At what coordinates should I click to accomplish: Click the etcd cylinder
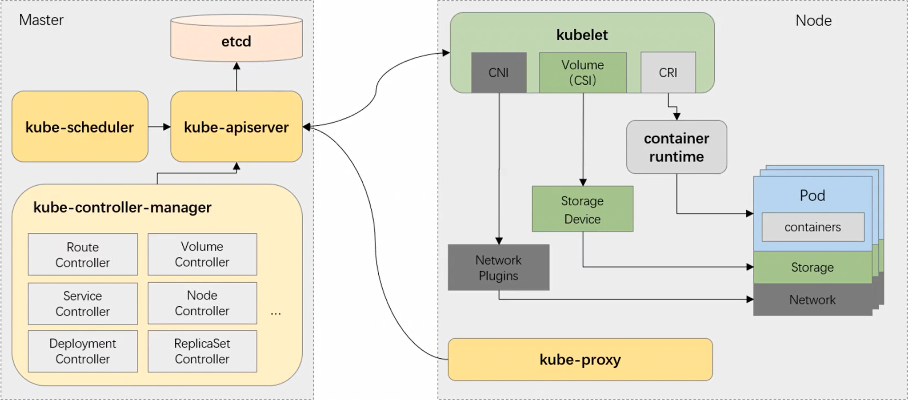pos(236,41)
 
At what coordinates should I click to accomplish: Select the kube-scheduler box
pos(80,127)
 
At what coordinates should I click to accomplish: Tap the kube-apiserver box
pos(236,127)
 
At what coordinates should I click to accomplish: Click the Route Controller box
pos(83,255)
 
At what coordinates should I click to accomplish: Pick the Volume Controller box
pos(202,254)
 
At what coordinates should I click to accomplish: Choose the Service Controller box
pos(83,303)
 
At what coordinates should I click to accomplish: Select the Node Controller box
pos(202,303)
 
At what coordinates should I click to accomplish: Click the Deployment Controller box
pos(83,351)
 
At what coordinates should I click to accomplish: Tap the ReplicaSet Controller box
pos(202,351)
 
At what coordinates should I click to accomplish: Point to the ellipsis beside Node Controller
pos(276,313)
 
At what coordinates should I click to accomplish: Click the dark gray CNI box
pos(499,72)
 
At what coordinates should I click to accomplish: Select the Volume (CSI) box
pos(583,72)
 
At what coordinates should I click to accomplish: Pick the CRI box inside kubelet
pos(668,72)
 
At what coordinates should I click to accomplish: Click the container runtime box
pos(677,147)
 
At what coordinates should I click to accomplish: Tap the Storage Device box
pos(582,209)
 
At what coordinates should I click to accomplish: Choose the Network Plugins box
pos(499,267)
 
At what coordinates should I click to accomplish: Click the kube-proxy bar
pos(580,360)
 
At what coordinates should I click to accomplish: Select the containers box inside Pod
pos(812,227)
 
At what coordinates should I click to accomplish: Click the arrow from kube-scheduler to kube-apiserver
pos(159,127)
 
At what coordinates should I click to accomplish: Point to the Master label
pos(41,20)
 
